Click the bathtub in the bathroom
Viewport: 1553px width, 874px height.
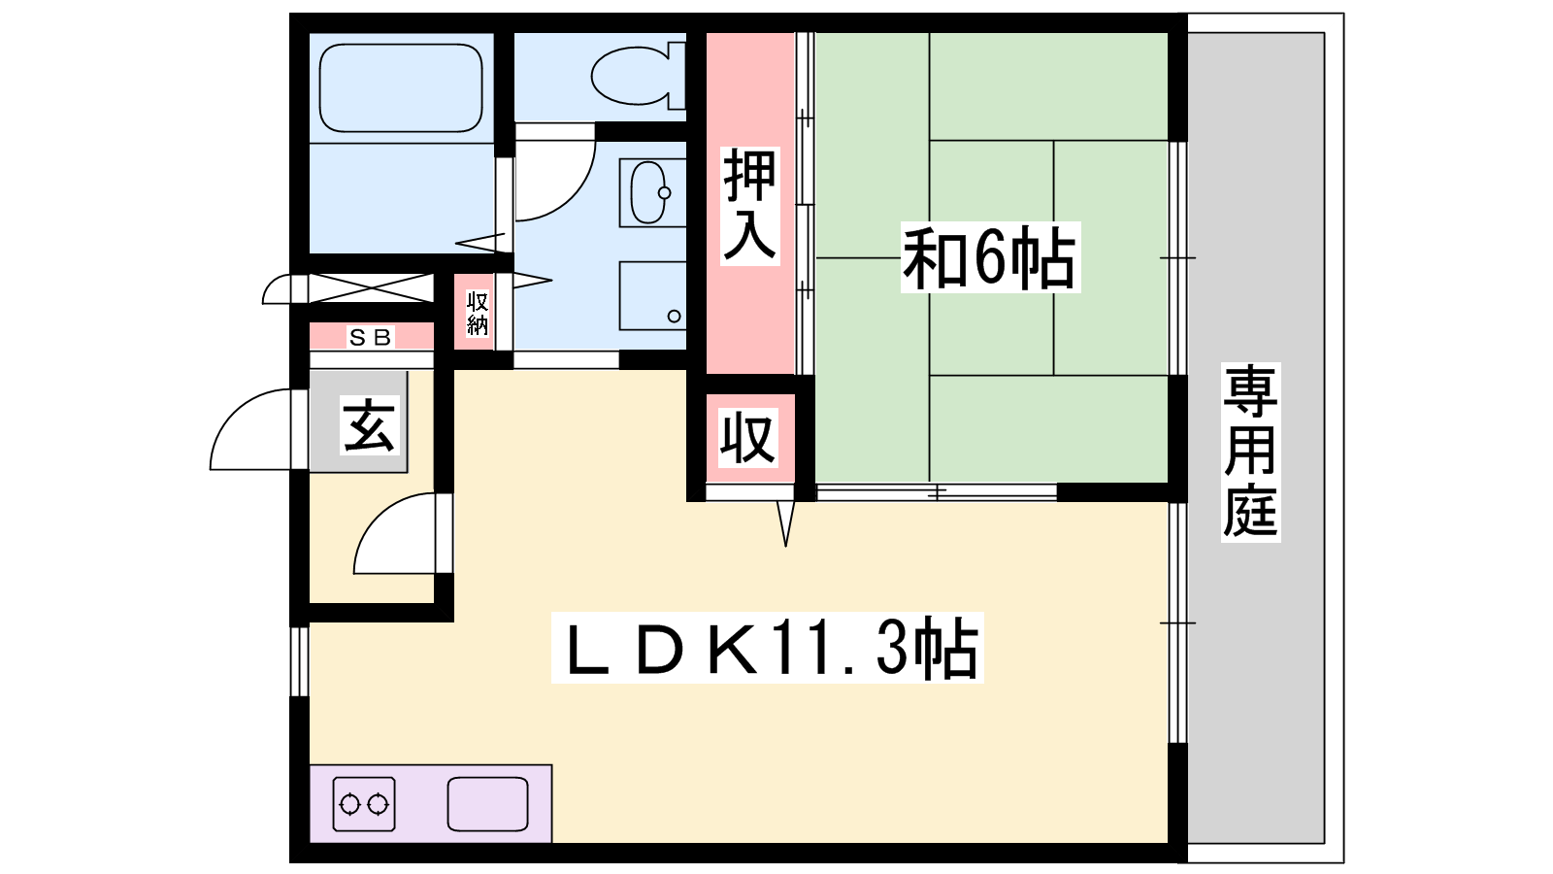[x=401, y=88]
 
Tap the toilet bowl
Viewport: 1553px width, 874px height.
[x=630, y=76]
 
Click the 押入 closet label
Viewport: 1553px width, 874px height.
[x=749, y=206]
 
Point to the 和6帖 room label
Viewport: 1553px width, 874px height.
[x=990, y=257]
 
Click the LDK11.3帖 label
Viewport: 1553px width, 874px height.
[x=767, y=648]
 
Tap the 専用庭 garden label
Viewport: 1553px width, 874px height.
[x=1250, y=452]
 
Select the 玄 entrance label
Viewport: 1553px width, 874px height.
[x=370, y=425]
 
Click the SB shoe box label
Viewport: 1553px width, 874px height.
[x=371, y=338]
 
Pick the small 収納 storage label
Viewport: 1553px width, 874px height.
[x=478, y=314]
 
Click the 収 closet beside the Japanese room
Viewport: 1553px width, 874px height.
[x=747, y=438]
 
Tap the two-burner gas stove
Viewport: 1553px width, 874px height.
[x=364, y=805]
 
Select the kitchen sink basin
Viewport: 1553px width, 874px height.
[x=487, y=805]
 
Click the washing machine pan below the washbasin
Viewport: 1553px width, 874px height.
[x=652, y=296]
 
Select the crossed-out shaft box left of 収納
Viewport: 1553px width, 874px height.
[x=370, y=287]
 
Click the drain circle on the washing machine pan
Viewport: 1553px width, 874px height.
[x=674, y=317]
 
